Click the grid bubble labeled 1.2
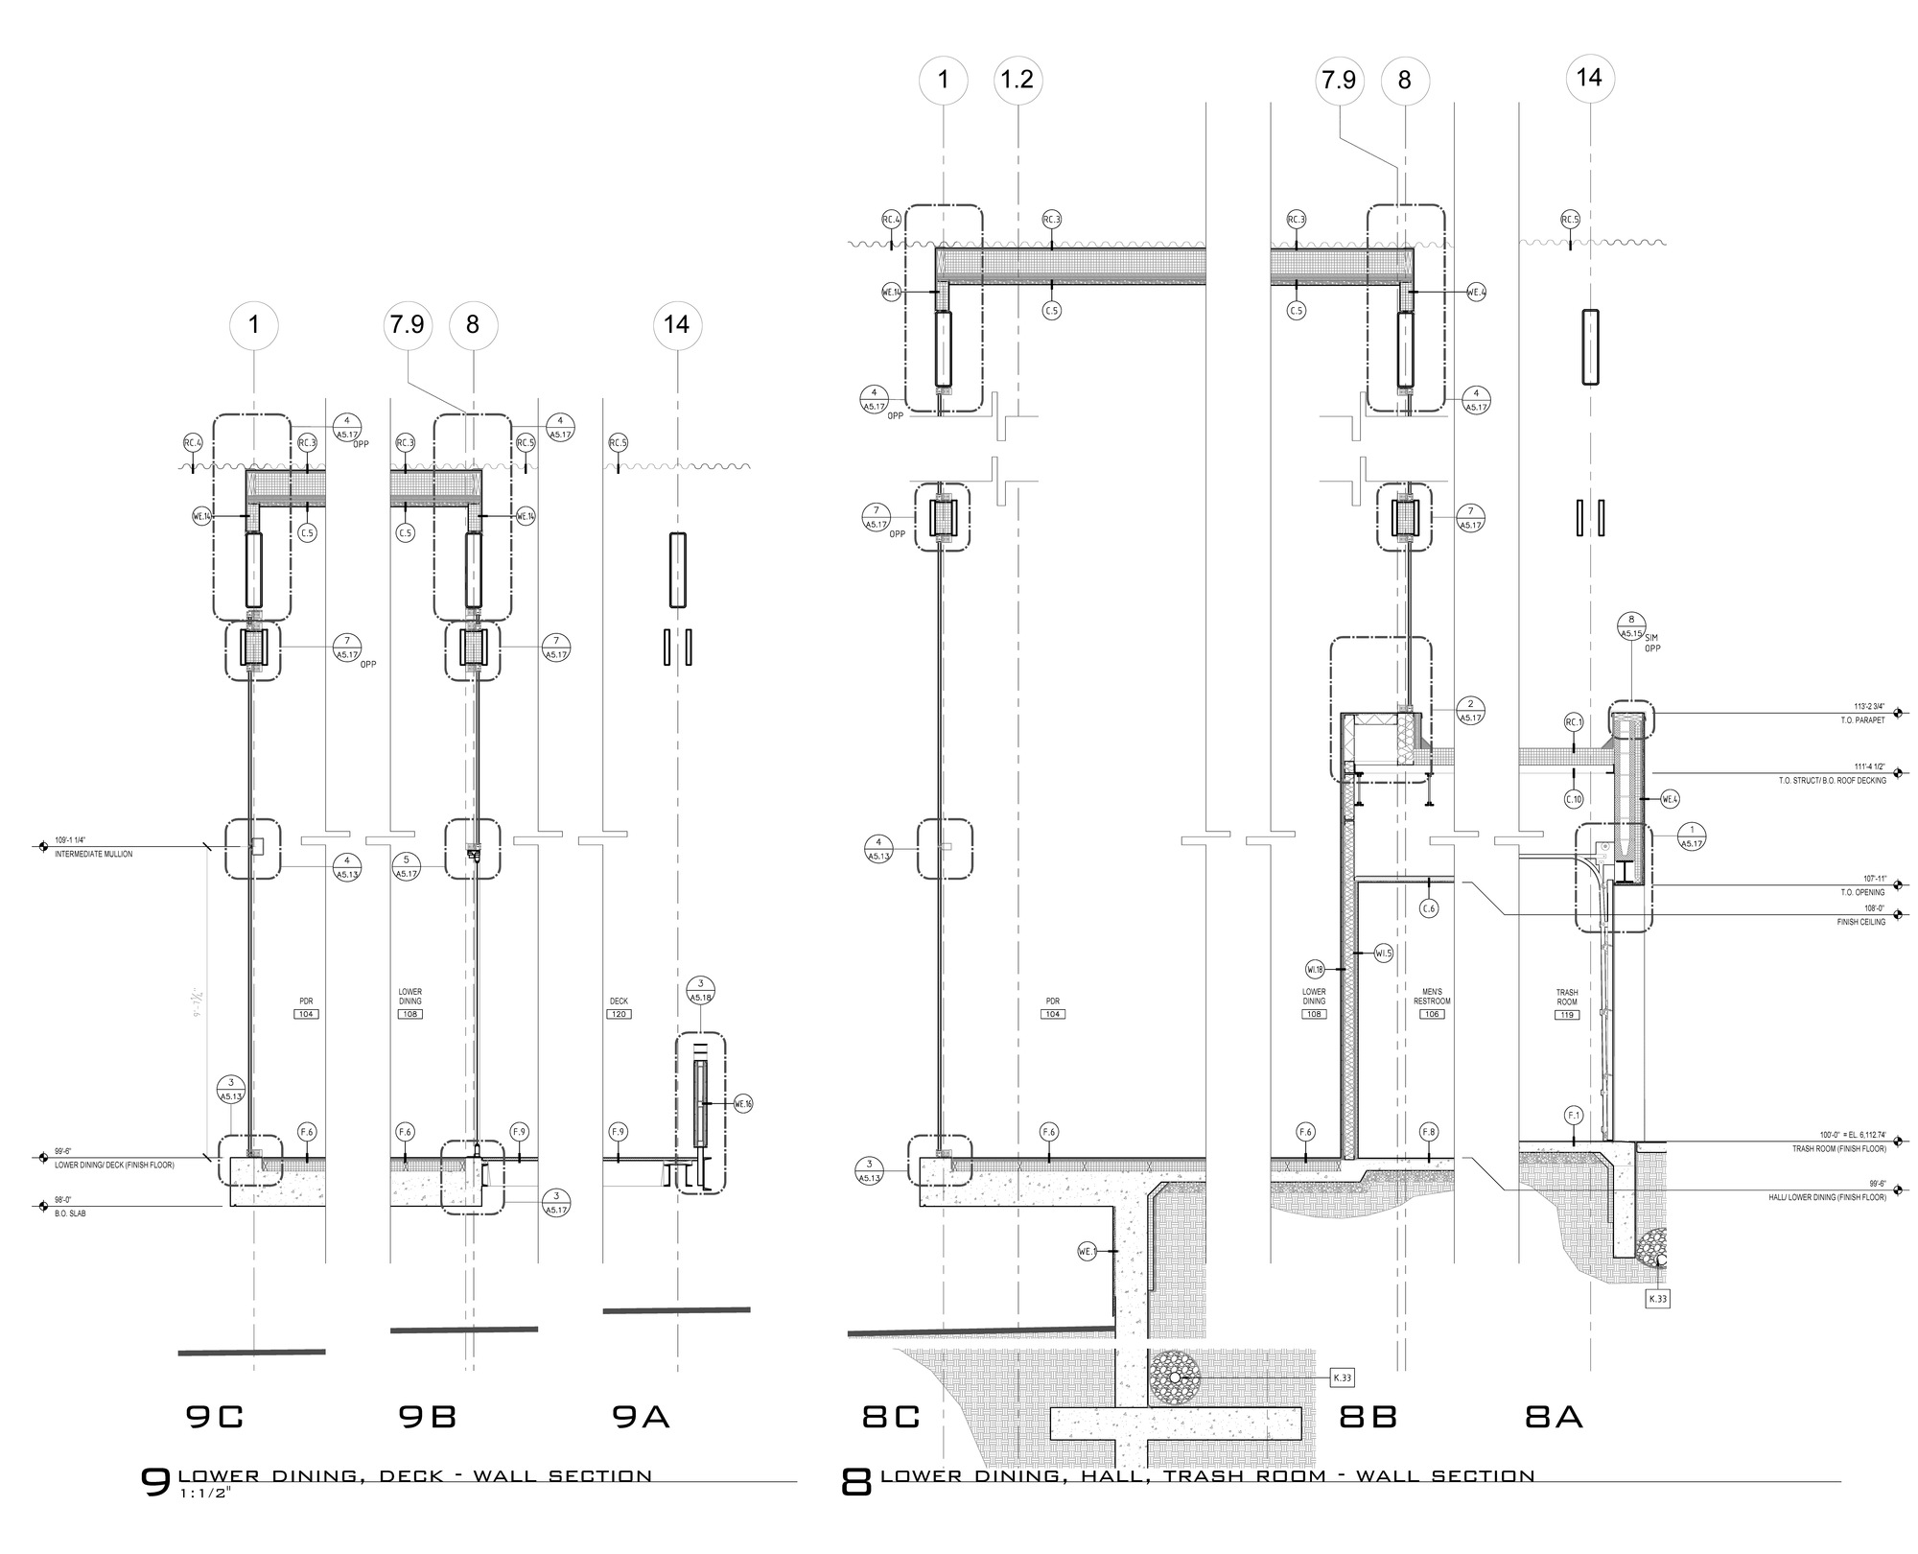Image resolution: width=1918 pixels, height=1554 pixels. [1017, 79]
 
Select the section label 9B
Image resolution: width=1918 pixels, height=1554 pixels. [427, 1417]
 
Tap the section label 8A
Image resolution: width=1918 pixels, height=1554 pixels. [1554, 1417]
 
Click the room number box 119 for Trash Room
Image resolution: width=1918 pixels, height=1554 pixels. [1568, 1014]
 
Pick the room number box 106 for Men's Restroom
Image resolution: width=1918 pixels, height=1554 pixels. [1432, 1014]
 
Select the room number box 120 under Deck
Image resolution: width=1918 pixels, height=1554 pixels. [620, 1014]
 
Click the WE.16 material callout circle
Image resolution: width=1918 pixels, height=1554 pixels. [743, 1104]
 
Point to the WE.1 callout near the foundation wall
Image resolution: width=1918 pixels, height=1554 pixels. [1087, 1251]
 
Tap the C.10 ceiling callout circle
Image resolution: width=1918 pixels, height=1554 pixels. [1574, 798]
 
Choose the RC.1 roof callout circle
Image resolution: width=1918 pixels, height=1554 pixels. [1574, 721]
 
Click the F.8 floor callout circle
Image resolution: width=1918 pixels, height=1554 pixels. [1429, 1132]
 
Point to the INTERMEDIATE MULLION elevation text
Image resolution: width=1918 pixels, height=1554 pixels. [94, 854]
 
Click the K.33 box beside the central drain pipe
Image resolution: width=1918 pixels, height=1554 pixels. [1342, 1378]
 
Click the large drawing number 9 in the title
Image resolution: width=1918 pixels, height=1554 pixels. [155, 1482]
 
